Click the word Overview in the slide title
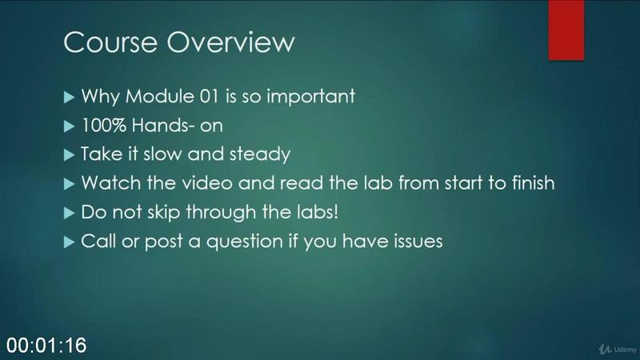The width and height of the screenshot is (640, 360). tap(230, 42)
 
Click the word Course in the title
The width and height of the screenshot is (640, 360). tap(110, 42)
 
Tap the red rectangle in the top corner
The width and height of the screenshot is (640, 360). tap(566, 30)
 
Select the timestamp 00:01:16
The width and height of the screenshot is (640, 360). tap(46, 346)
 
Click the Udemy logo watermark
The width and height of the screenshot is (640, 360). tap(618, 349)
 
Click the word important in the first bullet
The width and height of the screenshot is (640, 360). tap(310, 97)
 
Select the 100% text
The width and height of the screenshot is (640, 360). tap(104, 126)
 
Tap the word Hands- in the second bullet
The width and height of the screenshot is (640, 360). tap(163, 126)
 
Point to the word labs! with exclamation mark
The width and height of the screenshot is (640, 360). tap(316, 212)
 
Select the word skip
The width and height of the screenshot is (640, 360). tap(163, 213)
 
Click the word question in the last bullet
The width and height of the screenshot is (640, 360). tap(245, 242)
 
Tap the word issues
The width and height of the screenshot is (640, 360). tap(418, 242)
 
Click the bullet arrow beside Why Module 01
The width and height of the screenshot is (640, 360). tap(69, 97)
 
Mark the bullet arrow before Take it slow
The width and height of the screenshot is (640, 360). tap(69, 155)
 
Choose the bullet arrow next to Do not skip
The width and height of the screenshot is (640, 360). tap(69, 213)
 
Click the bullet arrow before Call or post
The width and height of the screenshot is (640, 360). tap(69, 242)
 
